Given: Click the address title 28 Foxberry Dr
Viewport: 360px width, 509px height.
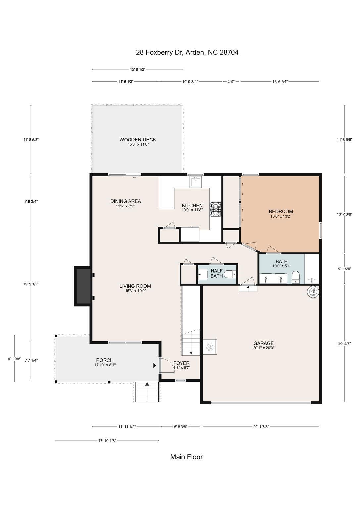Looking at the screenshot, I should click(x=187, y=52).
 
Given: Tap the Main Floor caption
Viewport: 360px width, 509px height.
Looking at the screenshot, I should click(x=186, y=457).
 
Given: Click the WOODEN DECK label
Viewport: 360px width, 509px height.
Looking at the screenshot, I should click(x=137, y=140).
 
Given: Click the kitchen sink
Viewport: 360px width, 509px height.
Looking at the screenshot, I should click(x=196, y=182).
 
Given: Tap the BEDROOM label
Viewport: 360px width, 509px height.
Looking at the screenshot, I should click(x=281, y=212).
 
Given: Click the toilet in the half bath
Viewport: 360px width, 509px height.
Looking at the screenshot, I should click(x=230, y=274).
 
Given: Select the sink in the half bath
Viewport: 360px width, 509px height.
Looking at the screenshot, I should click(x=202, y=274).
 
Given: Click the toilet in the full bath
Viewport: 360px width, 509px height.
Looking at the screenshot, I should click(x=296, y=277).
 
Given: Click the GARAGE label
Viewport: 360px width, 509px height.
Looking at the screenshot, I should click(x=264, y=343).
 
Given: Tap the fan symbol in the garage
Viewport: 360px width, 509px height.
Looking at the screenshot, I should click(x=210, y=347).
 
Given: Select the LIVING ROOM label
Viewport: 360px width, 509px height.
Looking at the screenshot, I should click(x=135, y=286).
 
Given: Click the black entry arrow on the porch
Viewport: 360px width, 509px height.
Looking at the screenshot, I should click(x=155, y=366).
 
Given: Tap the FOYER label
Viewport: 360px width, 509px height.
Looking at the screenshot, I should click(x=181, y=363).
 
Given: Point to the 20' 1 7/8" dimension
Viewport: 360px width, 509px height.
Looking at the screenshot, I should click(x=261, y=427).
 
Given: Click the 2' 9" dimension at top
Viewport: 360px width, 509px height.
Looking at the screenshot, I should click(x=231, y=81).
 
